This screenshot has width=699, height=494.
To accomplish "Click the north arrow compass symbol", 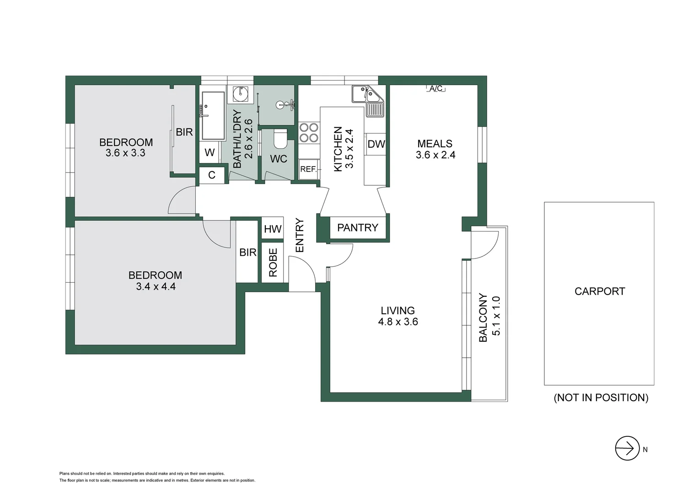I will pos(627,448).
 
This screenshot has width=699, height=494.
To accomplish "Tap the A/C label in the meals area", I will pos(436,88).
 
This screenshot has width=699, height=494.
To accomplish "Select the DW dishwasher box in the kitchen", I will pos(376,144).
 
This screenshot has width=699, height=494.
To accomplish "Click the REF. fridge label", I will pos(308,169).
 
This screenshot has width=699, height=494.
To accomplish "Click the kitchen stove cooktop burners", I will pos(309,133).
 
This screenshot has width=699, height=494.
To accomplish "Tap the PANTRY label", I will pos(357,228).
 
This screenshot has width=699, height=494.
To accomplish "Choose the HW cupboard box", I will pos(273,229).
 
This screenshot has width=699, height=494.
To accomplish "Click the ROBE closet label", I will pos(273,263).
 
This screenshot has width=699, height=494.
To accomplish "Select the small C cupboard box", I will pos(212,175).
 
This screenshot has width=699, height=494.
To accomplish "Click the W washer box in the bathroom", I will pos(210,153).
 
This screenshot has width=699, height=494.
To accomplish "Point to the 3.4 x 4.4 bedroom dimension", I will pos(156,287).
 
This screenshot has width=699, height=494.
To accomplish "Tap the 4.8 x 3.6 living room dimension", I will pos(398,322).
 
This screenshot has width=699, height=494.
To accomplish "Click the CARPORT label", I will pos(599,291).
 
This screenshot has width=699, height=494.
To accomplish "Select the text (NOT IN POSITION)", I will pos(601,397).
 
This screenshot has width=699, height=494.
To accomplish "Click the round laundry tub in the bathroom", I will pos(240,94).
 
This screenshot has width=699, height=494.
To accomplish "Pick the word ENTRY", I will pos(300,235).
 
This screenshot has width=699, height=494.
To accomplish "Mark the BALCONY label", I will pos(483,317).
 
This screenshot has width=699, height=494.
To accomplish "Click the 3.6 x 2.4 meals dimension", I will pos(435,155).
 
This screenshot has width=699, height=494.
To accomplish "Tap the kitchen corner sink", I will pos(367,94).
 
